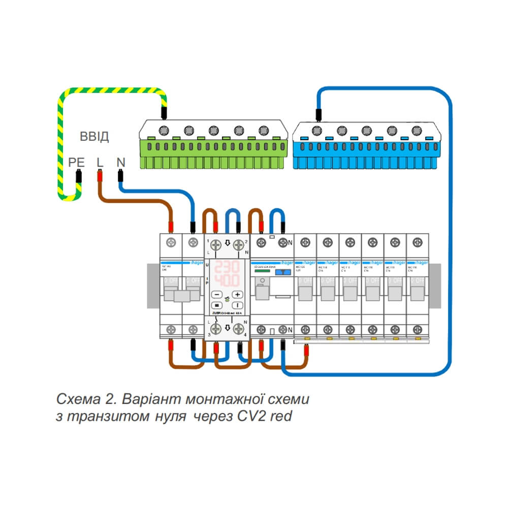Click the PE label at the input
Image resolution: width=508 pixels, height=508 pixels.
[x=76, y=163]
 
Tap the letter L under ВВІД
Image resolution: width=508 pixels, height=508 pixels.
[x=100, y=163]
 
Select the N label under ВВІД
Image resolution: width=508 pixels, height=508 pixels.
[x=120, y=163]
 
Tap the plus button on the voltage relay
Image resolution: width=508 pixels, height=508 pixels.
[x=238, y=294]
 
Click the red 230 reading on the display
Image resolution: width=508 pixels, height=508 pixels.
[x=227, y=267]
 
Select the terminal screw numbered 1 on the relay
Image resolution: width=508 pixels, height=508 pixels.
[x=216, y=246]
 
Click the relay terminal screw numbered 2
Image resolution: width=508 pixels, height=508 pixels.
[x=237, y=246]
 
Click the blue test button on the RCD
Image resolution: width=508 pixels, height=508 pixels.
[x=280, y=272]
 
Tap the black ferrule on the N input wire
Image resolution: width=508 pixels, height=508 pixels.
[x=120, y=176]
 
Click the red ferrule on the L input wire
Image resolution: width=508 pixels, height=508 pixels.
[x=100, y=176]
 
